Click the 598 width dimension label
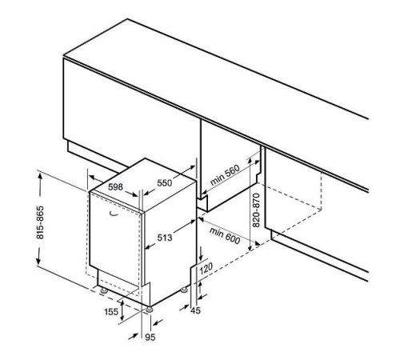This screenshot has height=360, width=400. pyautogui.click(x=115, y=187)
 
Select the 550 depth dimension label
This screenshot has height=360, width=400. pyautogui.click(x=165, y=183)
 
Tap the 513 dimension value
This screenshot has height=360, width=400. pyautogui.click(x=165, y=238)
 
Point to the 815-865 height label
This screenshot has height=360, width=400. pyautogui.click(x=40, y=222)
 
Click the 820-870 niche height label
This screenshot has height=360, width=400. pyautogui.click(x=256, y=210)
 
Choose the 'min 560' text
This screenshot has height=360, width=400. pyautogui.click(x=225, y=175)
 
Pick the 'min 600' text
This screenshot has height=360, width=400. pyautogui.click(x=225, y=236)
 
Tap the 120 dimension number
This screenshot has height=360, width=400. pyautogui.click(x=206, y=268)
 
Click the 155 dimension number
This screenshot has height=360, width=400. pyautogui.click(x=111, y=311)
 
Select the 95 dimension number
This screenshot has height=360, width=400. pyautogui.click(x=150, y=338)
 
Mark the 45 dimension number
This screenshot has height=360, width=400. pyautogui.click(x=195, y=310)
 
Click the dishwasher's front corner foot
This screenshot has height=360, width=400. pyautogui.click(x=149, y=310)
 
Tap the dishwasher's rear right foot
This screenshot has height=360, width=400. pyautogui.click(x=184, y=290)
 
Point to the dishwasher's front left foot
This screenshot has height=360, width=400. pyautogui.click(x=103, y=290)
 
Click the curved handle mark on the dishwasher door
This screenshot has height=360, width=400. pyautogui.click(x=114, y=213)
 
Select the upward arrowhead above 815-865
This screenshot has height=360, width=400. pyautogui.click(x=40, y=176)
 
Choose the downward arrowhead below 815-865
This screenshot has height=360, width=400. pyautogui.click(x=38, y=262)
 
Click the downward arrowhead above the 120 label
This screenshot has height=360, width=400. pyautogui.click(x=201, y=257)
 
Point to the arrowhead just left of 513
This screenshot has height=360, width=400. pyautogui.click(x=147, y=247)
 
